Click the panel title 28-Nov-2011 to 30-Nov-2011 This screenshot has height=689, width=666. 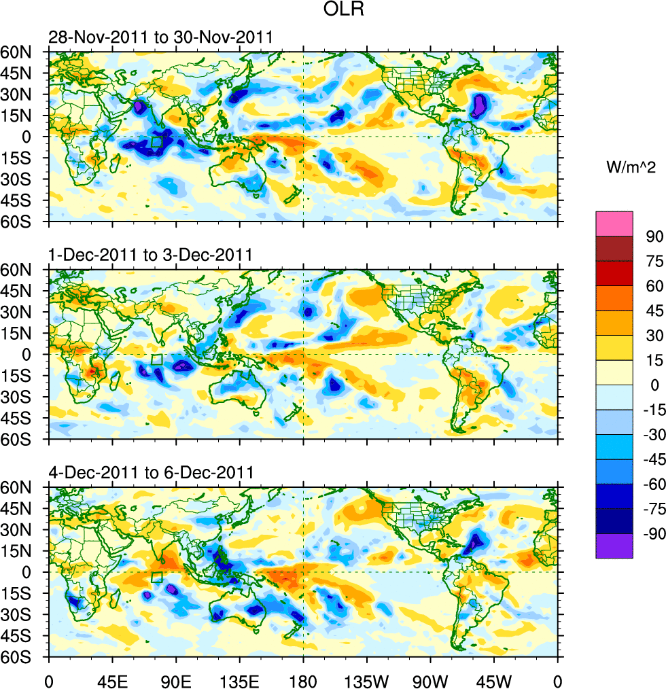point(160,37)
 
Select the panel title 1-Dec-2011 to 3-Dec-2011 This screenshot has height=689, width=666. point(150,255)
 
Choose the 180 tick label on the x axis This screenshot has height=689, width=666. point(303,679)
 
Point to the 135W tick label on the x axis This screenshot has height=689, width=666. point(366,679)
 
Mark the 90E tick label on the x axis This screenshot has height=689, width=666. point(176,679)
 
